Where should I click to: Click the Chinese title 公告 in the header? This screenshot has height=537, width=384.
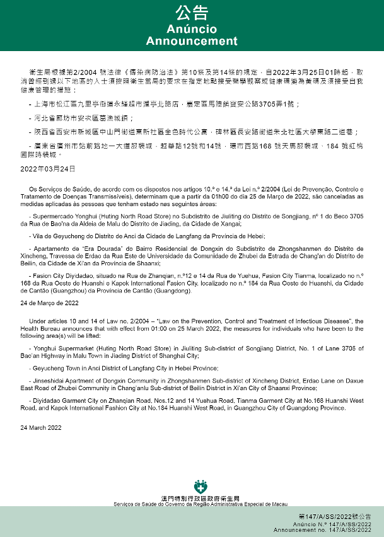tap(192, 14)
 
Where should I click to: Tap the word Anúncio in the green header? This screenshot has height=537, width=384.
tap(192, 29)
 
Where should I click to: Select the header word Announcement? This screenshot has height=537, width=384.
tap(192, 41)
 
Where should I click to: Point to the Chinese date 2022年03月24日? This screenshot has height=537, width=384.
tap(48, 169)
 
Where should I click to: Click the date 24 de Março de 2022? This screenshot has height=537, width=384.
tap(49, 303)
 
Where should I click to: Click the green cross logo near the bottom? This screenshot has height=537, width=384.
tap(201, 487)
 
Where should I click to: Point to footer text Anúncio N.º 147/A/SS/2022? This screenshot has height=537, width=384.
tap(340, 524)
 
